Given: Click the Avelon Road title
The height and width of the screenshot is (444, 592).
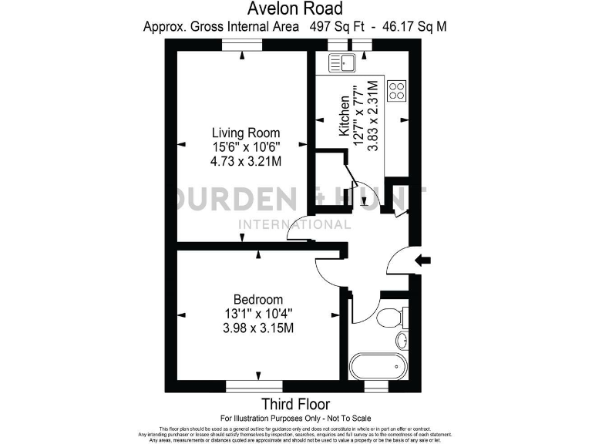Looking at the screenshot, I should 295,8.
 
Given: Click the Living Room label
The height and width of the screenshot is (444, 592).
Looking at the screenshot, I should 246,133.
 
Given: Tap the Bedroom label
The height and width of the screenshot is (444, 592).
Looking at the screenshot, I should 257,300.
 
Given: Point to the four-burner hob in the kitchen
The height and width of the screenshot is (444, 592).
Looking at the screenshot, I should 397,91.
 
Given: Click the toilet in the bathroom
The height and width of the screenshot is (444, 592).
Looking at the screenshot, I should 390,315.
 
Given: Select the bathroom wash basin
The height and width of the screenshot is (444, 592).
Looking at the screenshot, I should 401,340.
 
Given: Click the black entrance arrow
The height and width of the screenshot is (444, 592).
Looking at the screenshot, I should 423,261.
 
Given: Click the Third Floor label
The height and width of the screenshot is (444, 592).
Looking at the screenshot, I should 295,404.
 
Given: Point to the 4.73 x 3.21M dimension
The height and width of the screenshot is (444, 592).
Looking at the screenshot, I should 246,162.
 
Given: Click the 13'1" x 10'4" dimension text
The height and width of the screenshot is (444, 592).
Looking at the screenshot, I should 257,314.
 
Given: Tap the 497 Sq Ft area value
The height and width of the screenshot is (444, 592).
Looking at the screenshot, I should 329,26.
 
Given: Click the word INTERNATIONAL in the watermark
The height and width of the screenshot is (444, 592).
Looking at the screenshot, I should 295,224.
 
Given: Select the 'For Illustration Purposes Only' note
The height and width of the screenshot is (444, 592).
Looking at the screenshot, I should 295,417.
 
